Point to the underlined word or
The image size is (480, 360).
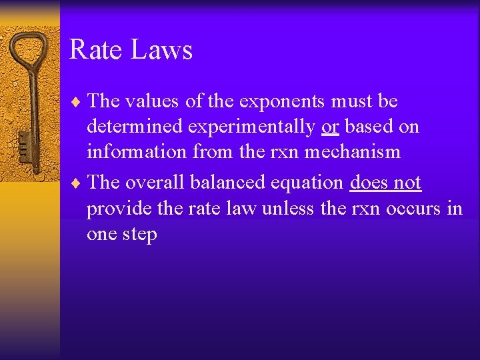click(x=329, y=127)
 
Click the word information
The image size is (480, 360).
click(x=137, y=152)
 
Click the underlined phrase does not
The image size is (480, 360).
click(x=385, y=183)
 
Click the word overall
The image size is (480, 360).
click(x=156, y=183)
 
